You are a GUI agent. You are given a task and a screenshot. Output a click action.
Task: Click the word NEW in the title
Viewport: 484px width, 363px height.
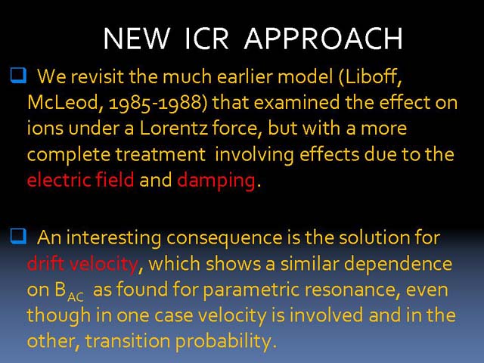click(136, 39)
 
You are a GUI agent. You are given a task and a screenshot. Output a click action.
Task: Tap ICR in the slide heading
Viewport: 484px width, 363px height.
click(206, 39)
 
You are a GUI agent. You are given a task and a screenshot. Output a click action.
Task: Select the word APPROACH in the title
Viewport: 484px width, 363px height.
click(323, 39)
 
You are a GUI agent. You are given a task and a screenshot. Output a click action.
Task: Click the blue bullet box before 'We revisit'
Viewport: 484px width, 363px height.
click(18, 76)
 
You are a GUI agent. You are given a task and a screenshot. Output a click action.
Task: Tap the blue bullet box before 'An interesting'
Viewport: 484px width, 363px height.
click(18, 237)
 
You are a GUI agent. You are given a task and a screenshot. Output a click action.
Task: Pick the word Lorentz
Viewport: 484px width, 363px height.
click(173, 129)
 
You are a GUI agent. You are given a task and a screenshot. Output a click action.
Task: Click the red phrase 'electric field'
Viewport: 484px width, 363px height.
click(80, 180)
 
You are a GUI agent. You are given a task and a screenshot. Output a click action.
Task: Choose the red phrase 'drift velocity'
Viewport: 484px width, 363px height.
click(82, 264)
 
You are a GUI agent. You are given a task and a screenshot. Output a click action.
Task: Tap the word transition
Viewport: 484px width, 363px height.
click(128, 341)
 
